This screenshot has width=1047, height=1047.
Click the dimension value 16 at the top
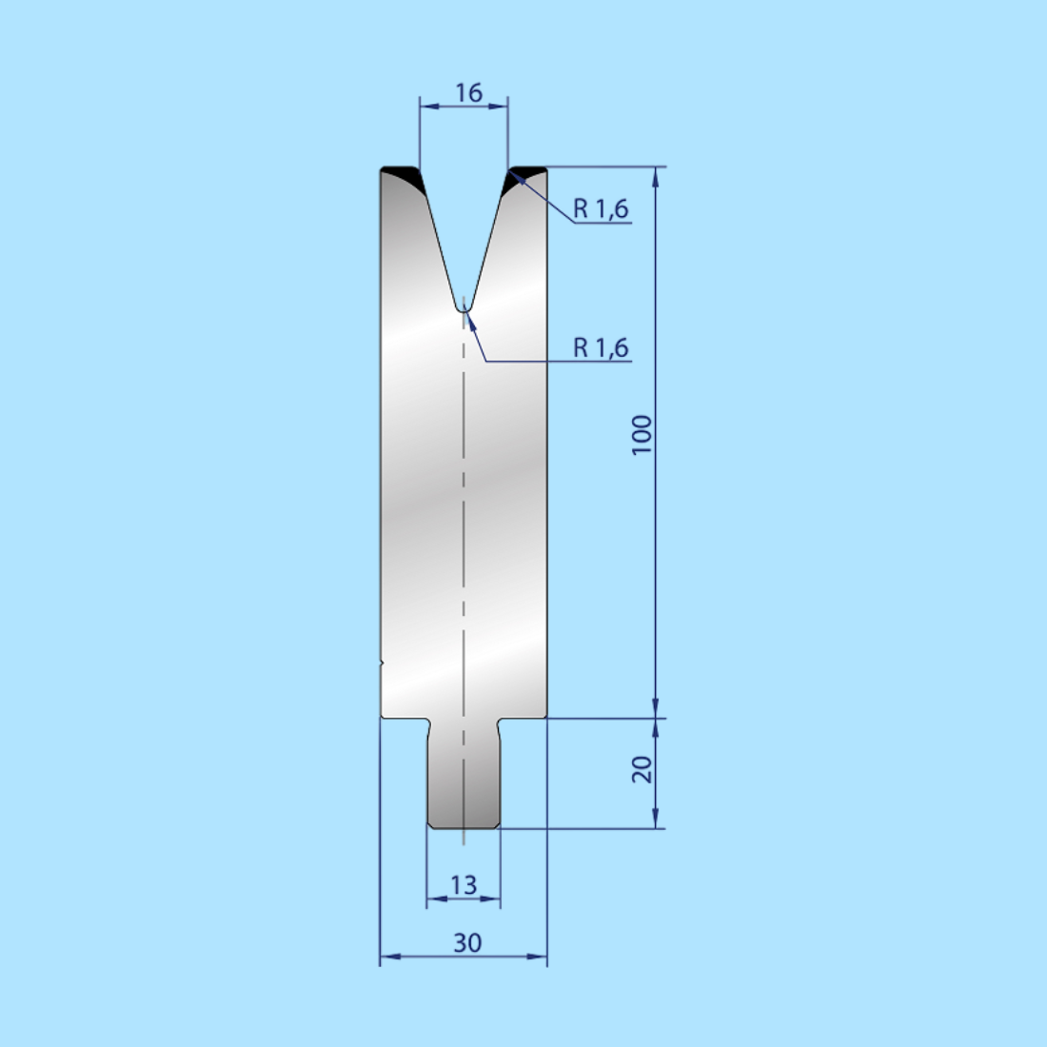pos(468,92)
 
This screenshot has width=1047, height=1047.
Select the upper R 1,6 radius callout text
pos(601,208)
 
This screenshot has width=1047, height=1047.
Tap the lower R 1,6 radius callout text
pos(601,347)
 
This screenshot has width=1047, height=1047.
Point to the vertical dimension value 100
pos(642,434)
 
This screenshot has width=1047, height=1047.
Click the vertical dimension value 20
pos(642,769)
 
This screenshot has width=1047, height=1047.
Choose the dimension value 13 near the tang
pos(464,885)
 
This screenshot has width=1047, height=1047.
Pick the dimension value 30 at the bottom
pos(466,942)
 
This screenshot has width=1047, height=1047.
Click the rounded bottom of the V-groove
pos(462,306)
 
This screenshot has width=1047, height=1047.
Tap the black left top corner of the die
pos(402,175)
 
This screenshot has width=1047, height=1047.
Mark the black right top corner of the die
pos(525,175)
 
